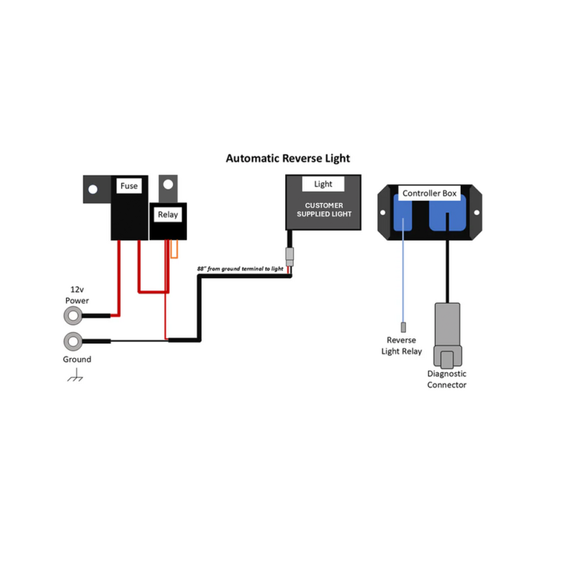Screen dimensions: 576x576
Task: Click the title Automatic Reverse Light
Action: click(x=288, y=158)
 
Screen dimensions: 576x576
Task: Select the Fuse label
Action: click(x=129, y=186)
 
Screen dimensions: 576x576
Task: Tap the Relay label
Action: click(x=168, y=214)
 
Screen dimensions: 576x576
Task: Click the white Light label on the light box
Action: click(x=323, y=184)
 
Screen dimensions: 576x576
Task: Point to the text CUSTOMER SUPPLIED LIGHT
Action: click(x=323, y=210)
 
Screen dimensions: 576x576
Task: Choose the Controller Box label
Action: click(x=430, y=193)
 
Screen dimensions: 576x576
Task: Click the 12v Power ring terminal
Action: click(x=73, y=315)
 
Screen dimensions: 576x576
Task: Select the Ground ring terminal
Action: click(x=73, y=341)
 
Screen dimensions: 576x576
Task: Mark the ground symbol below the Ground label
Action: click(x=75, y=376)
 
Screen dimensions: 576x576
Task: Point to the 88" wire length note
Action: click(x=241, y=269)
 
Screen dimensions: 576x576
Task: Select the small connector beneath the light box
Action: click(x=289, y=256)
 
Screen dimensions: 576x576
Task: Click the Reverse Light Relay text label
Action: click(x=401, y=346)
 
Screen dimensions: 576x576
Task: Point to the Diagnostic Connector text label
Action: click(x=447, y=379)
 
